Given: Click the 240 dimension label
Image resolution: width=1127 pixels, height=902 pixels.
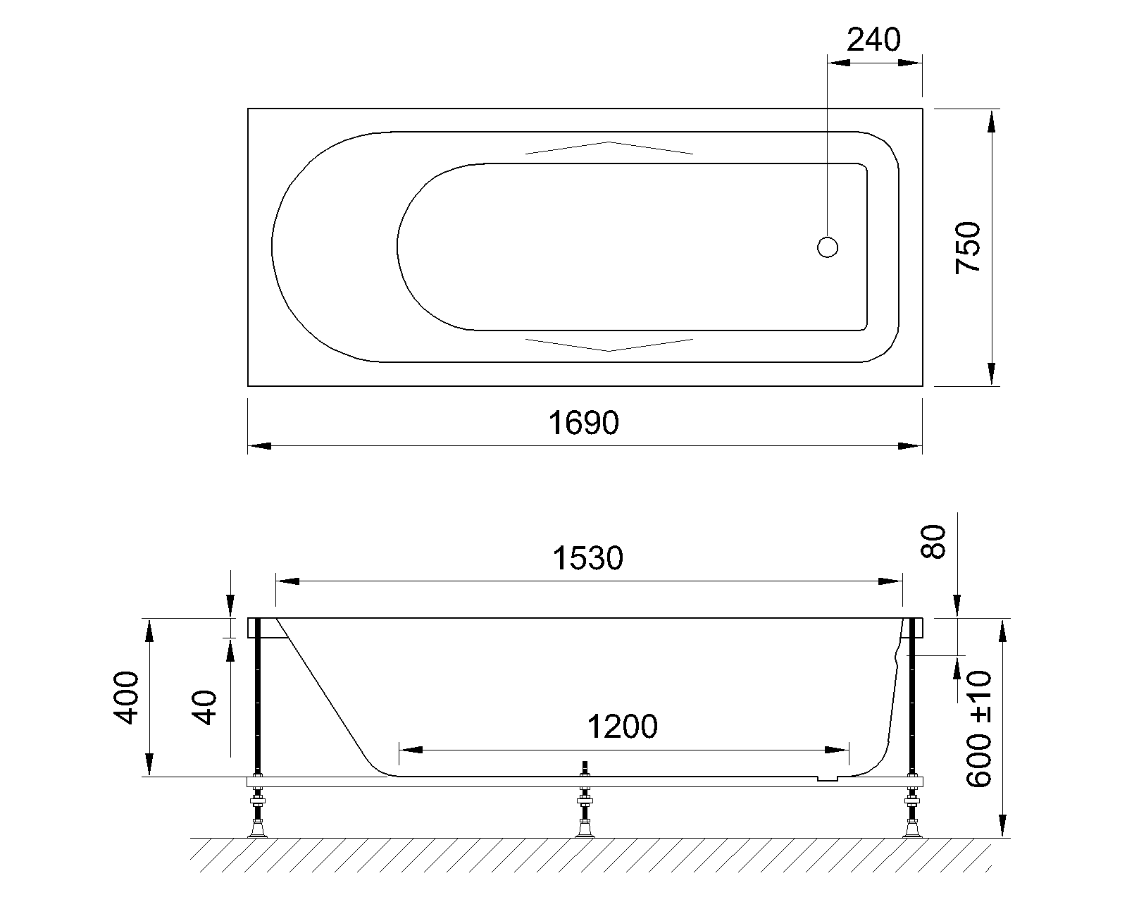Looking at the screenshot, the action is click(873, 39).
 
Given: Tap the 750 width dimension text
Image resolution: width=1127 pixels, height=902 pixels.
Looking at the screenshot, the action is click(967, 248).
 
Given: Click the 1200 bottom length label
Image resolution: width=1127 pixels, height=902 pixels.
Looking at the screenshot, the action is click(622, 727).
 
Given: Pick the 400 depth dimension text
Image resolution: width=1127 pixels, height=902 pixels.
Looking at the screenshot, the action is click(126, 698).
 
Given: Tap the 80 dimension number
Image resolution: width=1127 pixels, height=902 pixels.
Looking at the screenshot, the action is click(933, 542).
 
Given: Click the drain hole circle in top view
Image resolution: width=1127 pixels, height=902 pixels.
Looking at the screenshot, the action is click(828, 247).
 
